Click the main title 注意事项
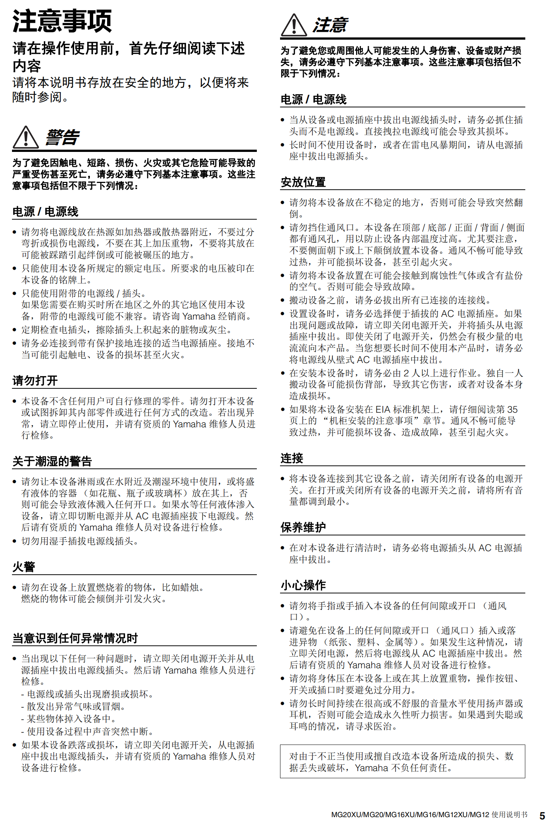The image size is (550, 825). (x=62, y=21)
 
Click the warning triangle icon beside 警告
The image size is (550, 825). (x=25, y=137)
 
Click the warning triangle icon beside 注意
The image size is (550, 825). (x=294, y=25)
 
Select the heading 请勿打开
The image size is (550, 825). (x=35, y=381)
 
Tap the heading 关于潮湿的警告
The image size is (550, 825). (x=52, y=461)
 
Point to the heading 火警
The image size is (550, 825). (x=24, y=566)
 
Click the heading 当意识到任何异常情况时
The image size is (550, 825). (x=75, y=638)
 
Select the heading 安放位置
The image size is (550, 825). (x=303, y=182)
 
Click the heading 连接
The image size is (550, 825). (x=292, y=458)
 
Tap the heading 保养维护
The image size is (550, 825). (x=303, y=527)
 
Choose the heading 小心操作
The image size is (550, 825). (x=303, y=585)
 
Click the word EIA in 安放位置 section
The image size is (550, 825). (x=383, y=409)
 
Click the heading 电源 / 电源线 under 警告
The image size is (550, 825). (x=45, y=212)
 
